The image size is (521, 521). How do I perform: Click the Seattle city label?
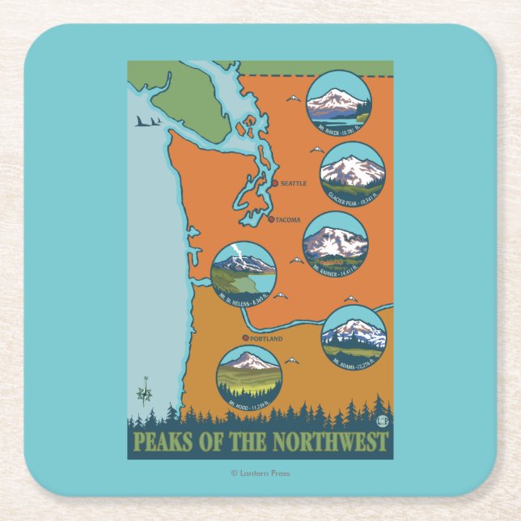[293, 184]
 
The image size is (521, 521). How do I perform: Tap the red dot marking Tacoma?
[272, 218]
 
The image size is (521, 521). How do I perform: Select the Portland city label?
[266, 339]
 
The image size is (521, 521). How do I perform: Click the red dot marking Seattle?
[275, 184]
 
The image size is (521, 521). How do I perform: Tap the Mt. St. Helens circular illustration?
[244, 273]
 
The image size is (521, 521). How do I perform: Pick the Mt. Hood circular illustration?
[249, 378]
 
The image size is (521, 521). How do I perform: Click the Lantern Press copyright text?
[260, 473]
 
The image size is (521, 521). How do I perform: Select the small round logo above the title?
[383, 420]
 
